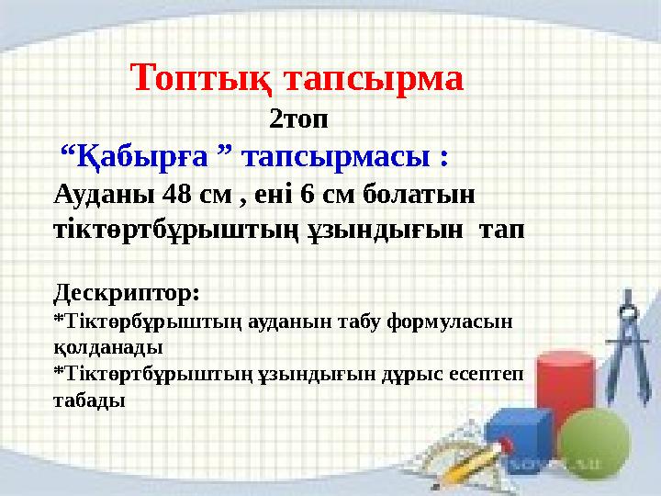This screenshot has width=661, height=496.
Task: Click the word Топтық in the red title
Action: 201,78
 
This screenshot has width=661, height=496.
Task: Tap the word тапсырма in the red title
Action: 375,79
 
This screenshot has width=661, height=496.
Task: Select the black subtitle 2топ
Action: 298,119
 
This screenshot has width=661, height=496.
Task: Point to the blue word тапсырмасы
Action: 336,157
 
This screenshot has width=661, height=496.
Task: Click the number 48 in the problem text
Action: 176,194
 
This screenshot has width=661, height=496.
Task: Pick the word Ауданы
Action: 104,196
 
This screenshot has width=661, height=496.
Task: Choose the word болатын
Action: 419,195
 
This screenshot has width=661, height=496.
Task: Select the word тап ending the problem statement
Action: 501,231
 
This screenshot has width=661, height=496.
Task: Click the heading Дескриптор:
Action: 127,293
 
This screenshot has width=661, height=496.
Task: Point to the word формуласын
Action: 449,322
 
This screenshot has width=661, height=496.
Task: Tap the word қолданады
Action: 108,348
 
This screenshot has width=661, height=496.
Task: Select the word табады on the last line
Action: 89,400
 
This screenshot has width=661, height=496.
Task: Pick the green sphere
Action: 594,444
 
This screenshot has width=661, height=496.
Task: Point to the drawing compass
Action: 628,346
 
